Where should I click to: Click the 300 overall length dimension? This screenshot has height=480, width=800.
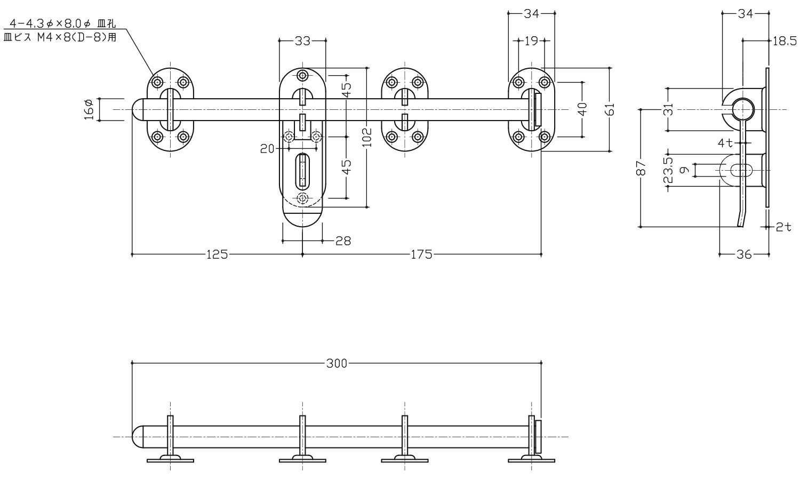coord(336,364)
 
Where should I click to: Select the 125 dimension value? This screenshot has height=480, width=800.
coord(218,254)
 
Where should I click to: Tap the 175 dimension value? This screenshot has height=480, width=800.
coord(421,254)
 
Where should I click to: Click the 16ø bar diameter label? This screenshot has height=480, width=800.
coord(89,109)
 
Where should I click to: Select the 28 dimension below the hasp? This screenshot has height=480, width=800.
coord(343,241)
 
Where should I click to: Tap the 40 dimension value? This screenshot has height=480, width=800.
coord(582,109)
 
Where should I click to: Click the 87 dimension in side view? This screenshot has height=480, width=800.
coord(641,168)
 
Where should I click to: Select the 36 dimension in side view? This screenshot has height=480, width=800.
coord(744,255)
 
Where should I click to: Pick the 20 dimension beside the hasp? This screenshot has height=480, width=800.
coord(268,149)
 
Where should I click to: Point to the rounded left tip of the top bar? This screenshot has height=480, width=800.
coord(137,109)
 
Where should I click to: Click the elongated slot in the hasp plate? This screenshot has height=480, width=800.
coord(302,170)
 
